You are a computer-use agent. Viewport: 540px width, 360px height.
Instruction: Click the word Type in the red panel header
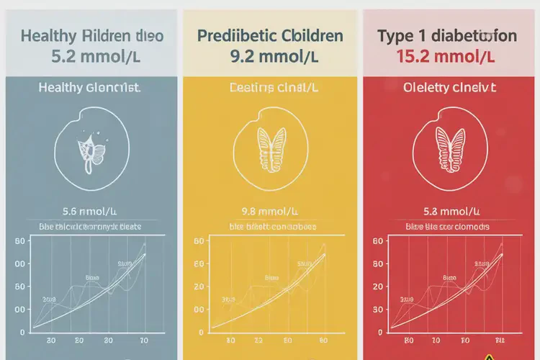395,35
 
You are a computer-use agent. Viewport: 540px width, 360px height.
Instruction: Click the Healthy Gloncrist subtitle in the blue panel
89,88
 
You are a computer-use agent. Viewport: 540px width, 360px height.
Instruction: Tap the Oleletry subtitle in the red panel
449,88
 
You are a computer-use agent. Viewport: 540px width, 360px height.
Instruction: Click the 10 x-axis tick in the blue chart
143,340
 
